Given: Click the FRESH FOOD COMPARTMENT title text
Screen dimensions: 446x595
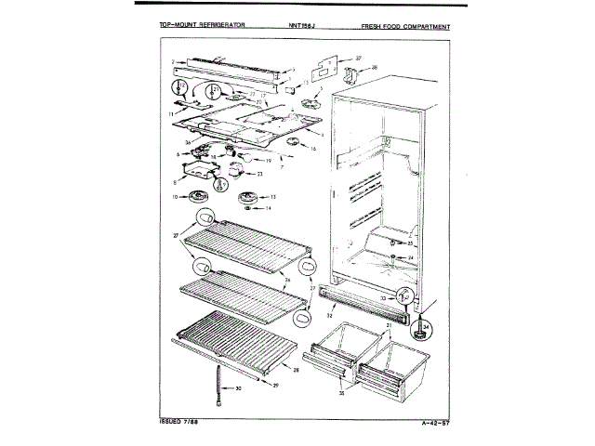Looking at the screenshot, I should coord(405,27).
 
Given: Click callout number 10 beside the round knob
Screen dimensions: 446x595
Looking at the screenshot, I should coord(175,196).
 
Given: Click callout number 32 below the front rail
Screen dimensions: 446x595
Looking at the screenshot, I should coord(329,317).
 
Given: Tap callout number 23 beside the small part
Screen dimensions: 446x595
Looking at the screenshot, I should coord(259,175).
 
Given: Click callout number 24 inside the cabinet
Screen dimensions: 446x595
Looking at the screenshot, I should coord(409,257).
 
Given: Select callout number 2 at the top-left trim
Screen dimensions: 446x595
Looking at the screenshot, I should coord(173,62).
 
